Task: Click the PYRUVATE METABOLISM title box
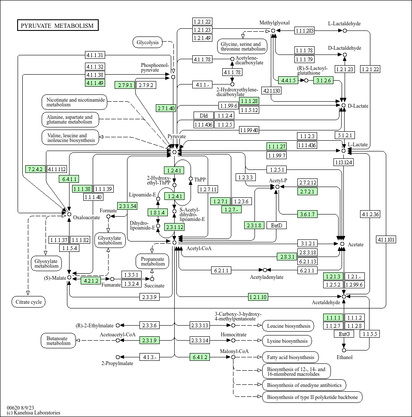click(58, 25)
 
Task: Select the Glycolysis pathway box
click(148, 42)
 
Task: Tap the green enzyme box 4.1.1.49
click(95, 83)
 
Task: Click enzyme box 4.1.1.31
click(95, 55)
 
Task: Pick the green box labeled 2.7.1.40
click(166, 108)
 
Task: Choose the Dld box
click(203, 115)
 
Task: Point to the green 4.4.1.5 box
click(288, 80)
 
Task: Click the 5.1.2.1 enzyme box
click(345, 135)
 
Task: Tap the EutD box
click(277, 226)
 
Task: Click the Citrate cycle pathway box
click(28, 302)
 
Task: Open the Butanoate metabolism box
click(58, 341)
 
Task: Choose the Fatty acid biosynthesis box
click(291, 357)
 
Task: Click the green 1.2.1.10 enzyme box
click(258, 297)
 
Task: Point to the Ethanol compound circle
click(344, 350)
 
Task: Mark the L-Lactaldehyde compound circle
click(345, 30)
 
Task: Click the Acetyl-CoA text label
click(199, 248)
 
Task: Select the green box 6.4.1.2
click(200, 357)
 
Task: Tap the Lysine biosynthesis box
click(287, 341)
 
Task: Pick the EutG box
click(344, 334)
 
